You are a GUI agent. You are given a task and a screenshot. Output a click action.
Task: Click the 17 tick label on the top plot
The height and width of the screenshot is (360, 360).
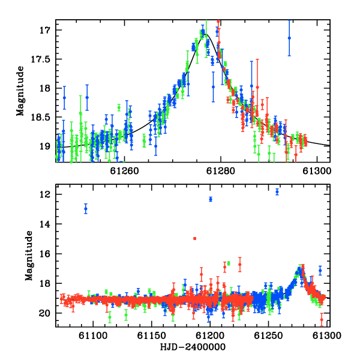pos(45,30)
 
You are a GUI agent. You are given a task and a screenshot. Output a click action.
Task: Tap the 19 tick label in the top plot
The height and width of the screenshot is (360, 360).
pos(45,146)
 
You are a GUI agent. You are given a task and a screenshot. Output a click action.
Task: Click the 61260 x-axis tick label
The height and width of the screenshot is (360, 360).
pos(124,171)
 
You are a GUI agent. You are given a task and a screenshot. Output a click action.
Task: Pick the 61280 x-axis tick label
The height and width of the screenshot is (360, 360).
pos(221,171)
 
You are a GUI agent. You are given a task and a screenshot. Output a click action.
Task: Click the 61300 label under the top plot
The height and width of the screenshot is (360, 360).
pos(317,171)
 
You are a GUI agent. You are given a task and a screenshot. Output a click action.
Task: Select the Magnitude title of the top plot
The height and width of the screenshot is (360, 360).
pos(20,91)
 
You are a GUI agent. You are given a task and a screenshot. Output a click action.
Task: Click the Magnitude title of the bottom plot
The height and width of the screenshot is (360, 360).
pos(29,256)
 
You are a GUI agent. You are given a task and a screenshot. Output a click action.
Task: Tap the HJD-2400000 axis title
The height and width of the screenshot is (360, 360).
pos(193,347)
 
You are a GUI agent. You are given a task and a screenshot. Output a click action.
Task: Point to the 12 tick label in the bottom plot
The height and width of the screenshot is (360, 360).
pos(45,194)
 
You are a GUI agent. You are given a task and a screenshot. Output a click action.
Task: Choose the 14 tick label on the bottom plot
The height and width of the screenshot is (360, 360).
pos(45,224)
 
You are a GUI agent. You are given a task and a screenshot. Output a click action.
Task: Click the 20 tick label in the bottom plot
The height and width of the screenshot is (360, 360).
pos(45,313)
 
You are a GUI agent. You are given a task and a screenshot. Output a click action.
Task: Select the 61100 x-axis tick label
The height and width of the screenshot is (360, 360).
pos(93,335)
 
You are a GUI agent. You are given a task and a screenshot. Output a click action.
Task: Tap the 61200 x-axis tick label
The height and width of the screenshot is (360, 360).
pos(210,335)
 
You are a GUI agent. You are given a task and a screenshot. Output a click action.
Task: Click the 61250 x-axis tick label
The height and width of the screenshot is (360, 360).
pos(268,335)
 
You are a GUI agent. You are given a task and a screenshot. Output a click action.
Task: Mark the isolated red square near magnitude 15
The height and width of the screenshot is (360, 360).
pos(194,239)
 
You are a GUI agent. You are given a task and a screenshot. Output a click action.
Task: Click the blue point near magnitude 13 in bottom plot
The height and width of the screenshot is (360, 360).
pos(86,209)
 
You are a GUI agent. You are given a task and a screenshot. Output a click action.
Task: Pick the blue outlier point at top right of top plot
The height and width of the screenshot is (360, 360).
pos(289,38)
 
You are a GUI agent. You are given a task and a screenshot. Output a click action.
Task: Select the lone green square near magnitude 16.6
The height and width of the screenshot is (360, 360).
pos(229,263)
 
